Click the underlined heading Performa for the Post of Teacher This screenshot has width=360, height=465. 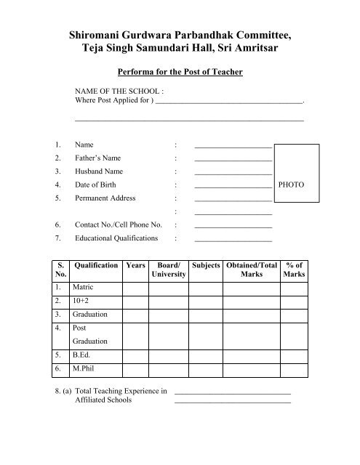pyautogui.click(x=180, y=72)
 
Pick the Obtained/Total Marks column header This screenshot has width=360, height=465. pyautogui.click(x=252, y=270)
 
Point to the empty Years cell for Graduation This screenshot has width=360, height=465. pyautogui.click(x=135, y=314)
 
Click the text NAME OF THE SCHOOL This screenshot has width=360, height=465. pyautogui.click(x=119, y=92)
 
